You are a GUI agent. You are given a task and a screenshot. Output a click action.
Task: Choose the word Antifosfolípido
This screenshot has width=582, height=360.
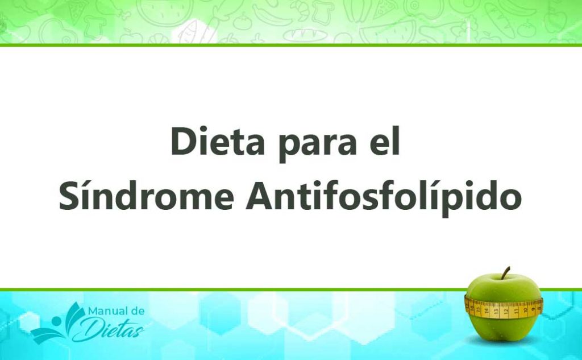click(x=383, y=197)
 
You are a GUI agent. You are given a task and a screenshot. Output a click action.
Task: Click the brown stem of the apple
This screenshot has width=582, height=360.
click(x=505, y=273)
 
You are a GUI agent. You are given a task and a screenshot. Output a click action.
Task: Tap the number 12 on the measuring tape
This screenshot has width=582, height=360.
click(x=505, y=311)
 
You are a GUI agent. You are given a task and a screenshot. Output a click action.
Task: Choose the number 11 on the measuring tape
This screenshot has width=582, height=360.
click(x=516, y=311)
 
